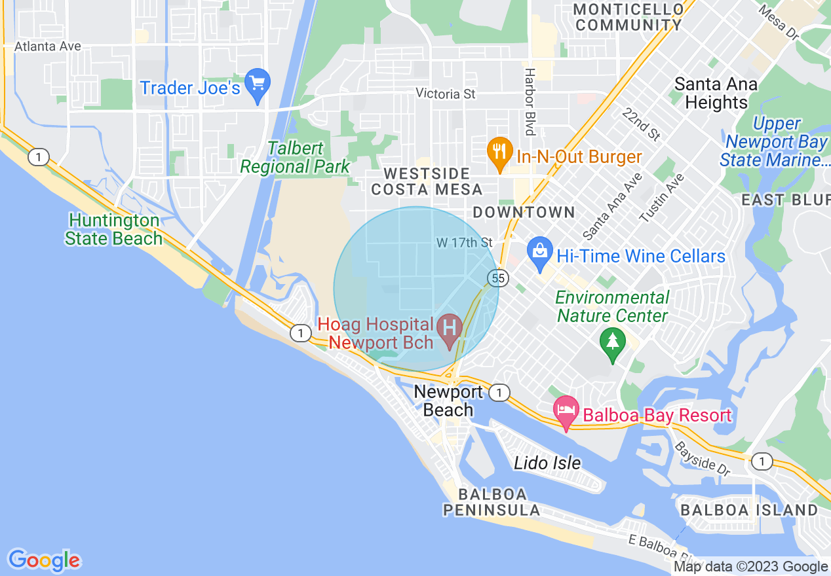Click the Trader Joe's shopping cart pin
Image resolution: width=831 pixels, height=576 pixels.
point(258,84)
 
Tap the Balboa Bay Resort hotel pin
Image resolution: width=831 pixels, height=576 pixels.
point(566,412)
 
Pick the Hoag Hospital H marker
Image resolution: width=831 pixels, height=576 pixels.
point(450,327)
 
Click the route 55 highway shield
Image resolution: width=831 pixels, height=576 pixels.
point(497,278)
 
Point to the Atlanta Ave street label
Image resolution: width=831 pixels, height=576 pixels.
point(48,46)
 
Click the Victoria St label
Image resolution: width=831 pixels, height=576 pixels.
point(446,94)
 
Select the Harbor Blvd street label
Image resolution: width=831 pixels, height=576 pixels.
point(530,101)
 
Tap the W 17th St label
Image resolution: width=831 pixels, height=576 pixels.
point(464,243)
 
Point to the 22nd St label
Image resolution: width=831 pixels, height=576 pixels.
point(642,124)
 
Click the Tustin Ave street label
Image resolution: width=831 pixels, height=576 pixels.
point(662,198)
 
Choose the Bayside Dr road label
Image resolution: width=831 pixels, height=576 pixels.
point(702,458)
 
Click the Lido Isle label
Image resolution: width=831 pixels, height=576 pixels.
point(547,463)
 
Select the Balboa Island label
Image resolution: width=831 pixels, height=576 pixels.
point(749,510)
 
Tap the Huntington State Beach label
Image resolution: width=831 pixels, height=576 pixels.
point(114,229)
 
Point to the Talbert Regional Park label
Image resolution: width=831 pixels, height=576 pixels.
point(295,158)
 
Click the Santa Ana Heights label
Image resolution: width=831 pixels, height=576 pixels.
point(716,94)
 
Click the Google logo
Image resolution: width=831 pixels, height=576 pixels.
point(44,561)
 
